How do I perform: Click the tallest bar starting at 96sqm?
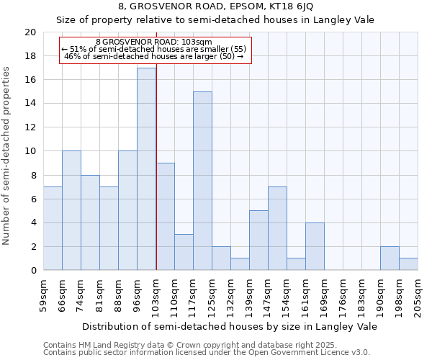point(146,169)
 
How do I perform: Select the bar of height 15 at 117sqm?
point(202,181)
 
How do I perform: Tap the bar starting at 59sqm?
point(53,228)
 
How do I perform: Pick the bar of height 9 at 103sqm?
point(165,217)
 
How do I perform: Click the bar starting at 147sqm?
point(277,228)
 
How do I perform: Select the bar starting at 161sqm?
point(315,246)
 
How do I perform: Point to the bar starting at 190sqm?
point(390,258)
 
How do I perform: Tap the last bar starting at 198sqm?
point(408,264)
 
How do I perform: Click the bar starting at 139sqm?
point(258,240)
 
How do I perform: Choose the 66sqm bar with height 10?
point(71,210)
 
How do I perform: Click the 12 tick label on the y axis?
point(30,127)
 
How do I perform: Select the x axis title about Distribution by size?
point(230,326)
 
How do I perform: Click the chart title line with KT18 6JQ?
point(216,6)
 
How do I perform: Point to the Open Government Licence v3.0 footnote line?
point(207,353)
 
